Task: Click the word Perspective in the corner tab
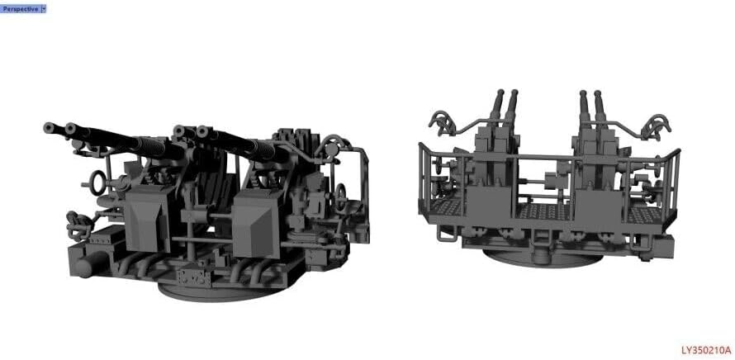coord(20,8)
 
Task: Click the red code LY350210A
coord(706,350)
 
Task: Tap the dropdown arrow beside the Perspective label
coord(44,8)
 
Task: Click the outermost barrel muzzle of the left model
coord(49,127)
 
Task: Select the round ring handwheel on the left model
coord(97,182)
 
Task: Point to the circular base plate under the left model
coord(220,290)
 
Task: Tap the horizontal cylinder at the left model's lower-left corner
coord(89,264)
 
